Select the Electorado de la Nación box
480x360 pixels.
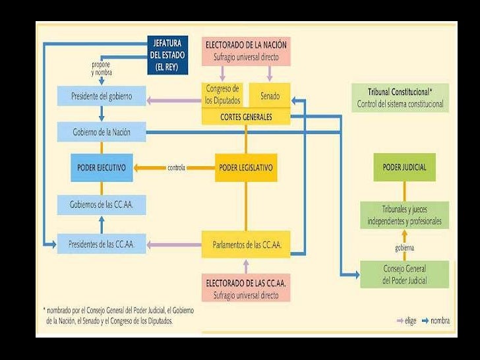245,51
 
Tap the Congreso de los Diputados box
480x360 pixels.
222,95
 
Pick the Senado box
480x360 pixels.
269,96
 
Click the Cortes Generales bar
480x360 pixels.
245,117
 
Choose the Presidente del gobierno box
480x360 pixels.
102,96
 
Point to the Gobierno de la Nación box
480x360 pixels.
102,132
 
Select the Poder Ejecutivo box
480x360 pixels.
102,167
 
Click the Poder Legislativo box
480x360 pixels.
245,167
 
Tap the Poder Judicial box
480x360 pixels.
404,167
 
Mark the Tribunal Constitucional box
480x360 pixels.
400,98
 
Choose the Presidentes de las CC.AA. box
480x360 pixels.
102,244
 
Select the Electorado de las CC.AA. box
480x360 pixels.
245,289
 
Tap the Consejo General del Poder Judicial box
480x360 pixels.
404,274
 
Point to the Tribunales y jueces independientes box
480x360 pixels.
404,216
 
